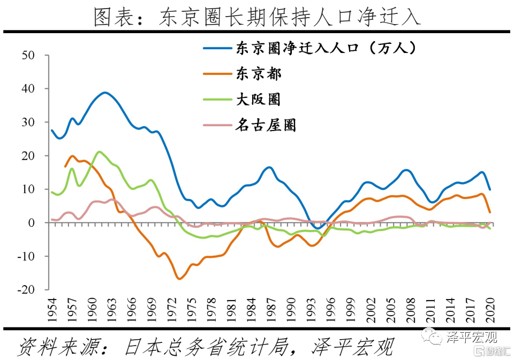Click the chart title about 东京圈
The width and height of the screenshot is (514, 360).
(257, 16)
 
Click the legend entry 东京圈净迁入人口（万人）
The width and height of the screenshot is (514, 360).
(325, 48)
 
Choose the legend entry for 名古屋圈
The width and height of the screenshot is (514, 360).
(266, 126)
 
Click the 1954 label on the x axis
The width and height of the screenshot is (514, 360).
(52, 309)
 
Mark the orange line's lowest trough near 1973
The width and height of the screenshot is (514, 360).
(179, 279)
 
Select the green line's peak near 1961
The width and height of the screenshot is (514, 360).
(99, 152)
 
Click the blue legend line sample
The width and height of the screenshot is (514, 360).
(217, 48)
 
